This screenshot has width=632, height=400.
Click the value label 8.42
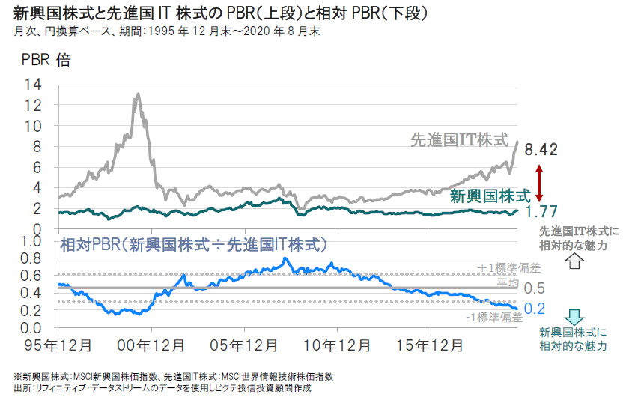(541, 150)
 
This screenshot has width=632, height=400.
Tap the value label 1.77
(541, 212)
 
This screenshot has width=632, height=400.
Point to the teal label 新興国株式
(490, 196)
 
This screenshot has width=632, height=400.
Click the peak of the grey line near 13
(137, 94)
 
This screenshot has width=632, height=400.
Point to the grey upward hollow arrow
(573, 261)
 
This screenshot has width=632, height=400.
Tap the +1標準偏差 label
(488, 267)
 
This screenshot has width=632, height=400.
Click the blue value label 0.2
(534, 308)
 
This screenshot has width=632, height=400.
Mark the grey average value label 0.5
(534, 288)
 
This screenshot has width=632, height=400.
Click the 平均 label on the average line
(507, 284)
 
